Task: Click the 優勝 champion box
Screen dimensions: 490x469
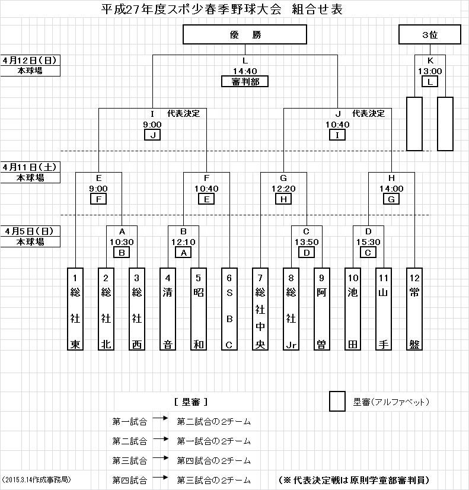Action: point(245,35)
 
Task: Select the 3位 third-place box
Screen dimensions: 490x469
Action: point(429,35)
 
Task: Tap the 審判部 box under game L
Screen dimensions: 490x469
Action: point(245,81)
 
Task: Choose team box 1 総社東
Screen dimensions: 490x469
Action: point(75,309)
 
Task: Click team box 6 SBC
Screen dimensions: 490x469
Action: point(229,309)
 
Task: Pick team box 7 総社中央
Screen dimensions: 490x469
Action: point(260,309)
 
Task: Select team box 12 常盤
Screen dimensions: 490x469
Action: point(414,309)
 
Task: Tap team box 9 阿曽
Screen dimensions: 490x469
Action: point(322,309)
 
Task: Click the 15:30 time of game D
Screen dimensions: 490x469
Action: point(368,242)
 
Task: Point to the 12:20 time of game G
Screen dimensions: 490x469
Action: point(283,189)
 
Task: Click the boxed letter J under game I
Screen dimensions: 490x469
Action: point(152,135)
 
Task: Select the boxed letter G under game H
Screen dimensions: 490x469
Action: point(391,199)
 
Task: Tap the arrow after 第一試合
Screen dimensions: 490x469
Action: point(161,419)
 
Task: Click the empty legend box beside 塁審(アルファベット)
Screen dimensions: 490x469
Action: point(337,402)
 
